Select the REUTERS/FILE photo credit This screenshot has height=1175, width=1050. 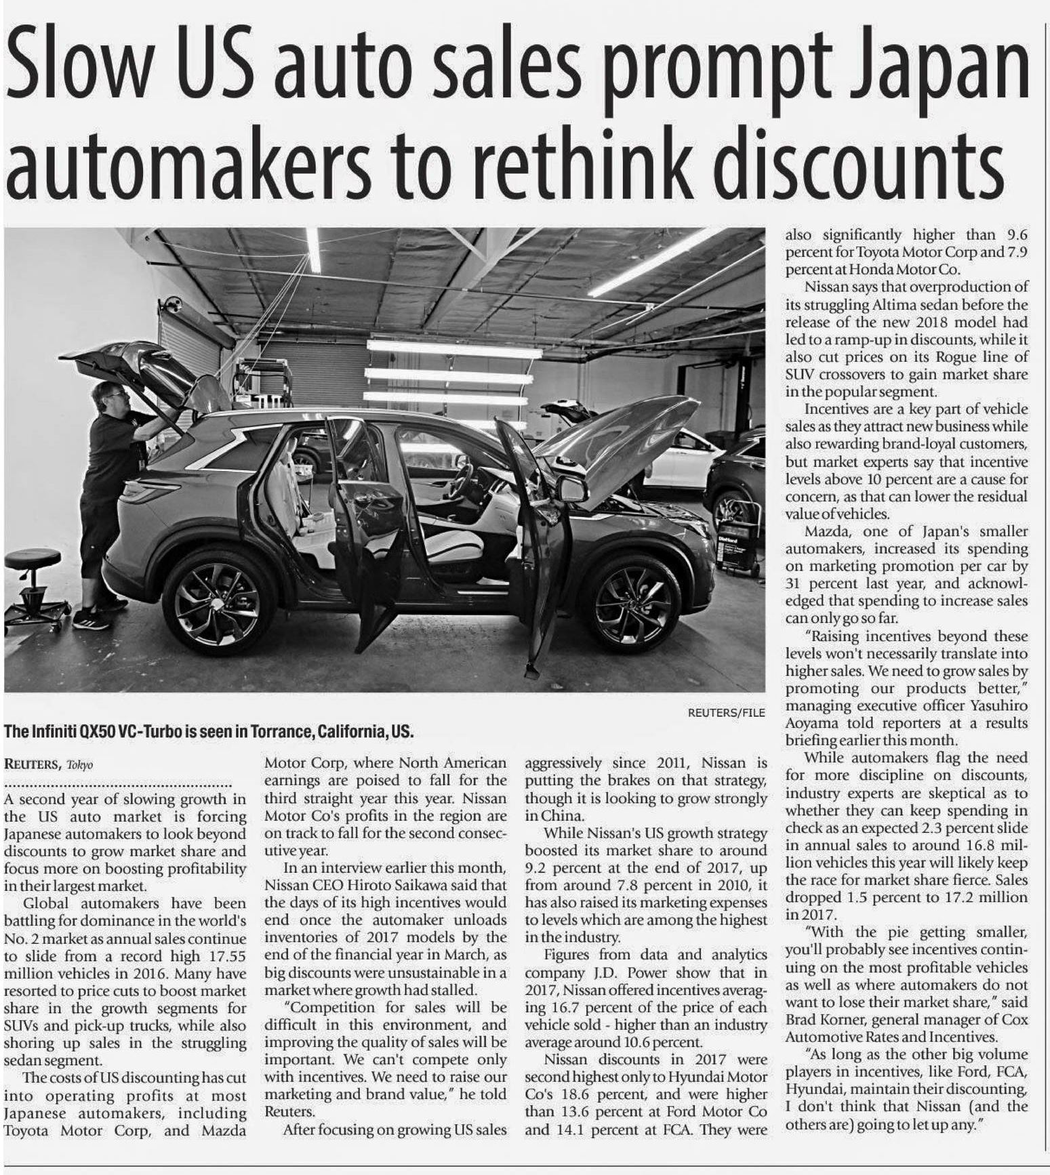[x=726, y=712]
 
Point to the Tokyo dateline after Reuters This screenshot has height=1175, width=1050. [x=79, y=765]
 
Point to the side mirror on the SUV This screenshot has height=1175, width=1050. [x=571, y=488]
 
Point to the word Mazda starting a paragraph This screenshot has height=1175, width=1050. [x=825, y=531]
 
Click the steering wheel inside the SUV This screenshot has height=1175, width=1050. [x=462, y=478]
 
